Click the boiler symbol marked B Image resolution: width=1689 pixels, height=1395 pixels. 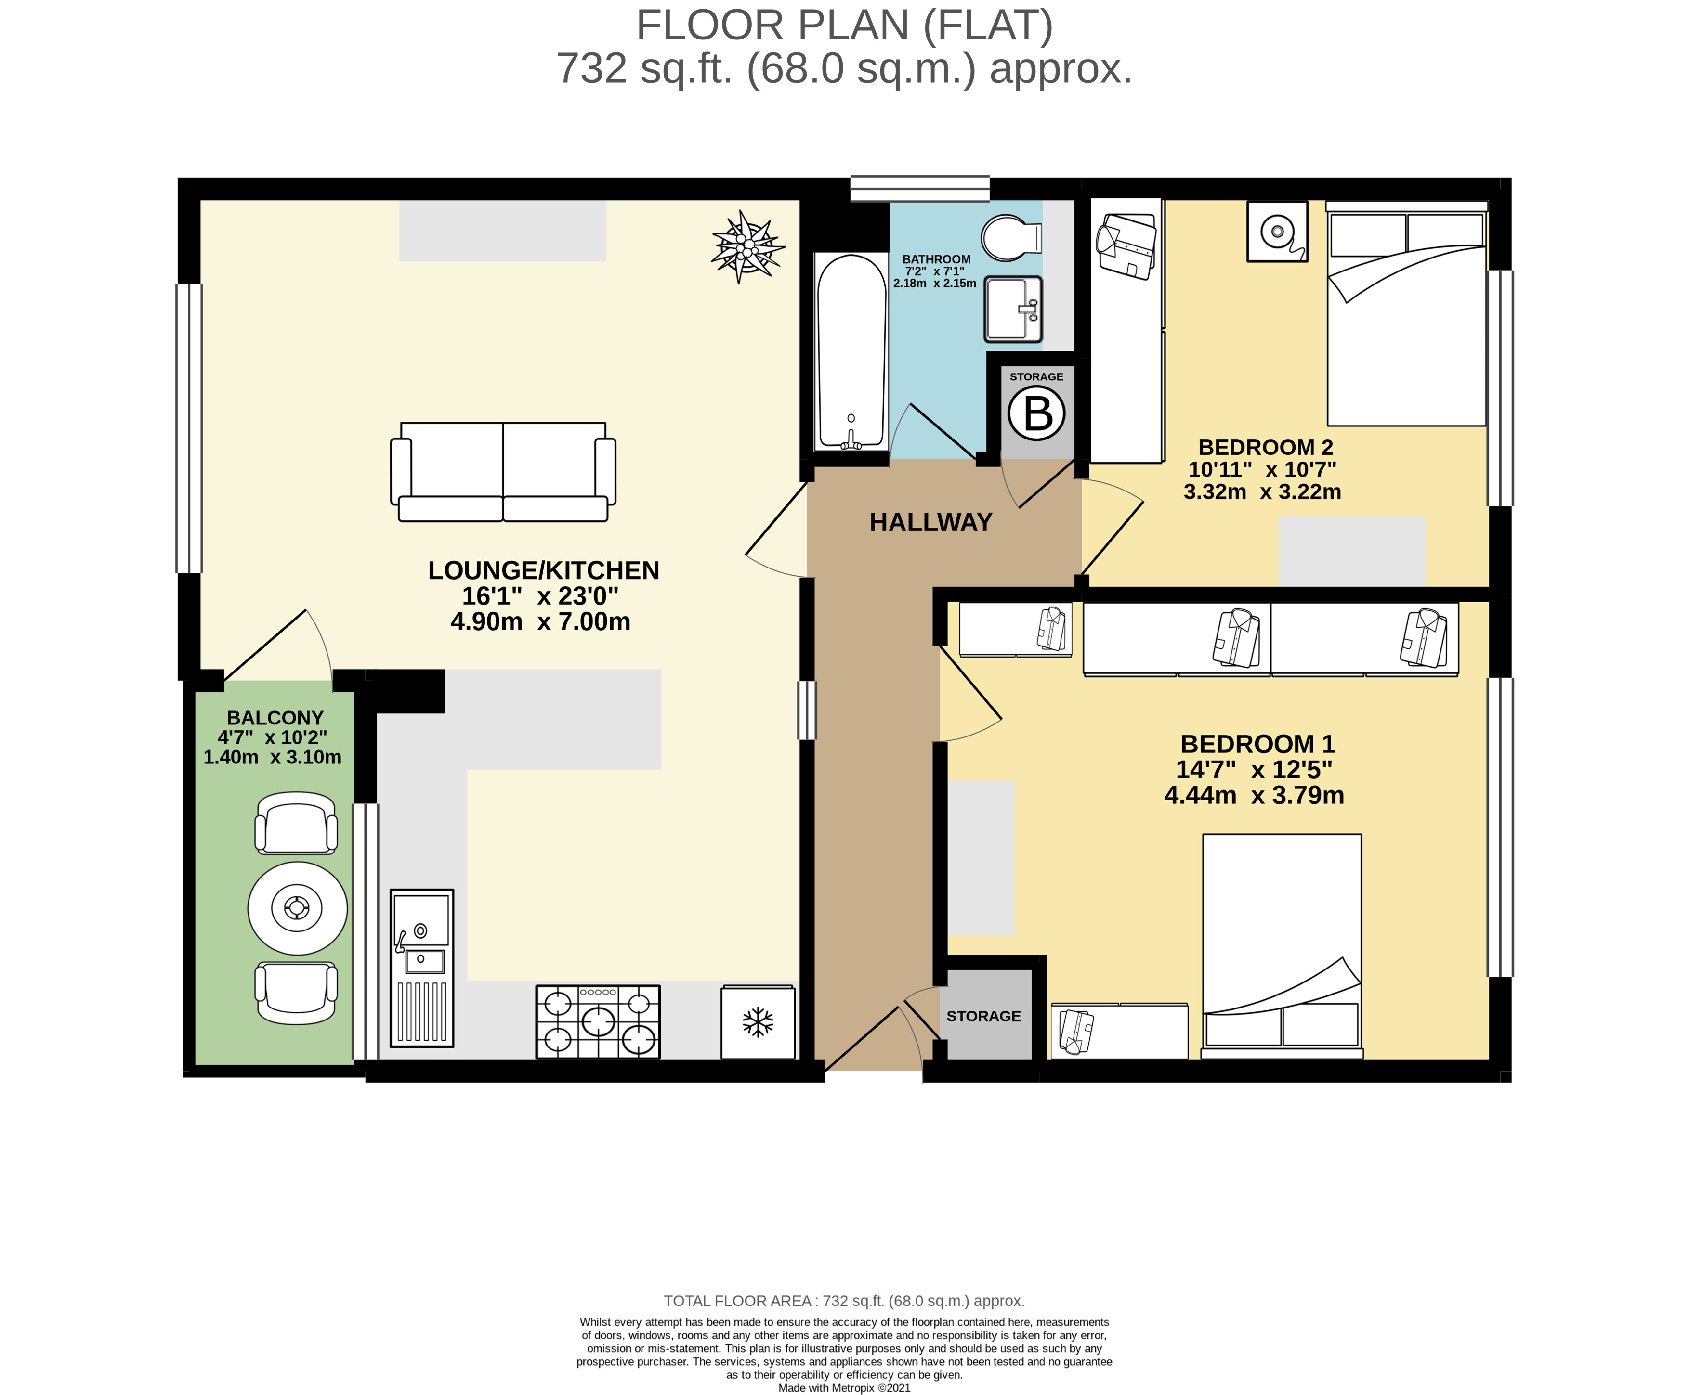[x=1036, y=413]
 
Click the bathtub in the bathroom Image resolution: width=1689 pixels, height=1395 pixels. [x=851, y=352]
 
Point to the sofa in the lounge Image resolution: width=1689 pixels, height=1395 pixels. [x=503, y=472]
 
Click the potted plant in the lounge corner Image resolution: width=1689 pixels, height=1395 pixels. [x=747, y=246]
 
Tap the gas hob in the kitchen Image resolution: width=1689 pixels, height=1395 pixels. [x=597, y=1021]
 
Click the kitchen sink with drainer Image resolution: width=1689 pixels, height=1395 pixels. [x=422, y=968]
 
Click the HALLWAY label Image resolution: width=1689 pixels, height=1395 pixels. [x=931, y=522]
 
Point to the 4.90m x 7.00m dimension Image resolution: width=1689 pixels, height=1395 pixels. [x=540, y=621]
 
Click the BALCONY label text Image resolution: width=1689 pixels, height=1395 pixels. [x=275, y=718]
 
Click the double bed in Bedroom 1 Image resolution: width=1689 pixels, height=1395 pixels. [x=1282, y=946]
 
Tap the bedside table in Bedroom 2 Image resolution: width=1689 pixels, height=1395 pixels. [x=1277, y=232]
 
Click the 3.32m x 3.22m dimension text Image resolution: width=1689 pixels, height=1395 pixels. [x=1262, y=492]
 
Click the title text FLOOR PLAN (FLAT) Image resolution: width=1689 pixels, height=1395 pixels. [x=844, y=25]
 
